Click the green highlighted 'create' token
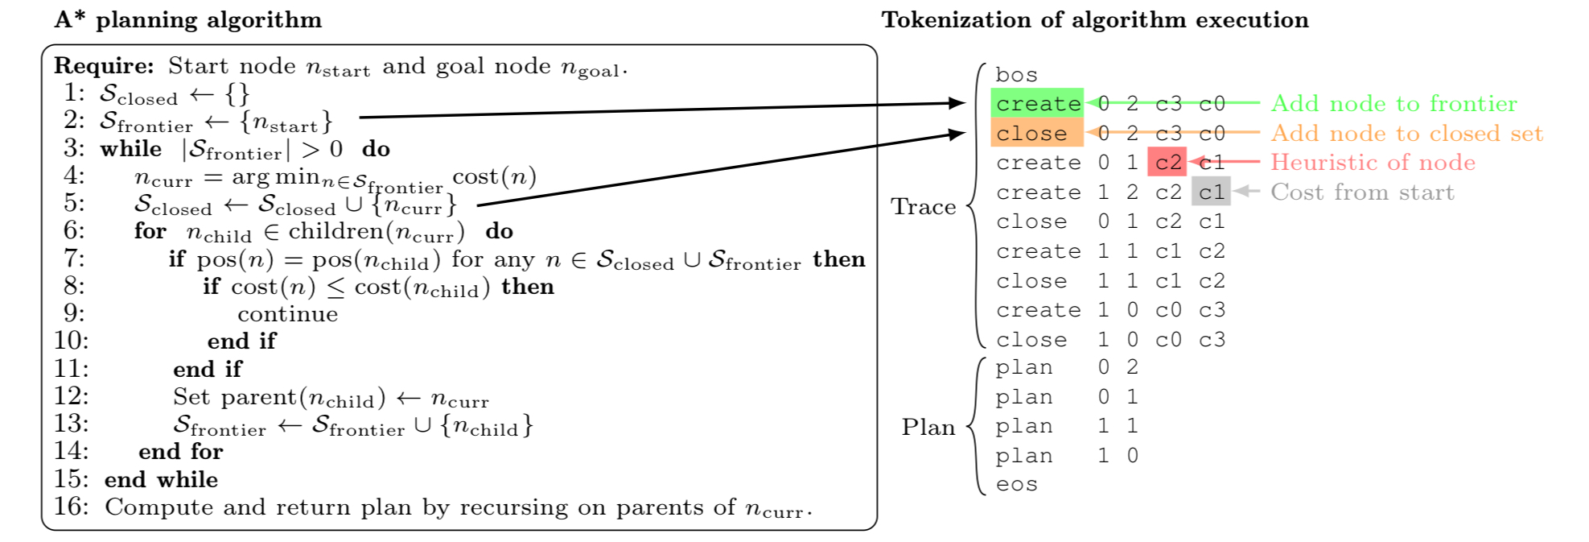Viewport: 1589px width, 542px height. (x=1038, y=104)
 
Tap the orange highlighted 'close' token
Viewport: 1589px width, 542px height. (x=1031, y=134)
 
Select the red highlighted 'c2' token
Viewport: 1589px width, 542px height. (x=1167, y=163)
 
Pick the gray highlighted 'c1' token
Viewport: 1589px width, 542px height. (x=1211, y=192)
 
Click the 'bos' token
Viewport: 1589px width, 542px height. (x=1016, y=75)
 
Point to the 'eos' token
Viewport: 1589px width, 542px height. (x=1016, y=485)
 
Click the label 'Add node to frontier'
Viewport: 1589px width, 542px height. (x=1393, y=104)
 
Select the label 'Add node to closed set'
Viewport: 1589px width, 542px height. (x=1406, y=134)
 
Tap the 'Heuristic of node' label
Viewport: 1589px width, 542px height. (x=1373, y=163)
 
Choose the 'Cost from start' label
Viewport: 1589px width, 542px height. (x=1362, y=192)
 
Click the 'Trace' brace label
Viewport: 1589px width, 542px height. (x=923, y=207)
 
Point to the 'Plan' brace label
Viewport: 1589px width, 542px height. (x=928, y=427)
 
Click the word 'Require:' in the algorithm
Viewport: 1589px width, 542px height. (x=104, y=66)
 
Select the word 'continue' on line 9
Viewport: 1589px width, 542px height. (x=287, y=314)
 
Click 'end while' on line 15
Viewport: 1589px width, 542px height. (x=161, y=479)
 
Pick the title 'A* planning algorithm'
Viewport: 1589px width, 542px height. (x=188, y=20)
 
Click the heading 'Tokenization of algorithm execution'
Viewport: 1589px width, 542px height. (x=1094, y=20)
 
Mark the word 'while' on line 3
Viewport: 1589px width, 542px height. (x=130, y=149)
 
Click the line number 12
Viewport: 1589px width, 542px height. (x=72, y=396)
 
